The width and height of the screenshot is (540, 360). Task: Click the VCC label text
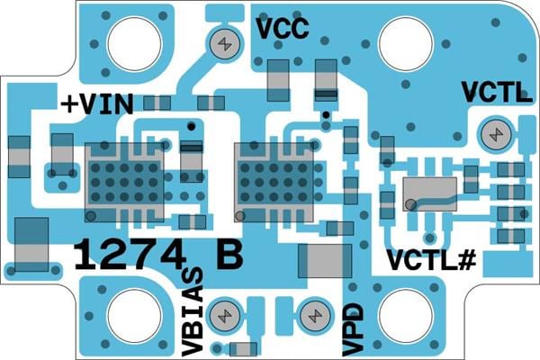pos(283,29)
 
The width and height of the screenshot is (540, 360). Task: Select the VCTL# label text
pos(431,259)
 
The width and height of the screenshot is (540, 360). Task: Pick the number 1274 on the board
pos(128,255)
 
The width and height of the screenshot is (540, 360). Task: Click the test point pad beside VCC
pos(224,41)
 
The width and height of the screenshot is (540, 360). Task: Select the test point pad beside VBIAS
pos(222,316)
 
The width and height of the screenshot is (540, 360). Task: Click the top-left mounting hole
pos(134,40)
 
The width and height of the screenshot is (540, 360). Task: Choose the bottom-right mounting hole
pos(406,316)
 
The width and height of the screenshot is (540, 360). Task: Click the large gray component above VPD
pos(323,262)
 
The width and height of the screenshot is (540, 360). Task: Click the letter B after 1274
pos(229,255)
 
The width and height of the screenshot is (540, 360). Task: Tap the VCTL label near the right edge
pos(497,93)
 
